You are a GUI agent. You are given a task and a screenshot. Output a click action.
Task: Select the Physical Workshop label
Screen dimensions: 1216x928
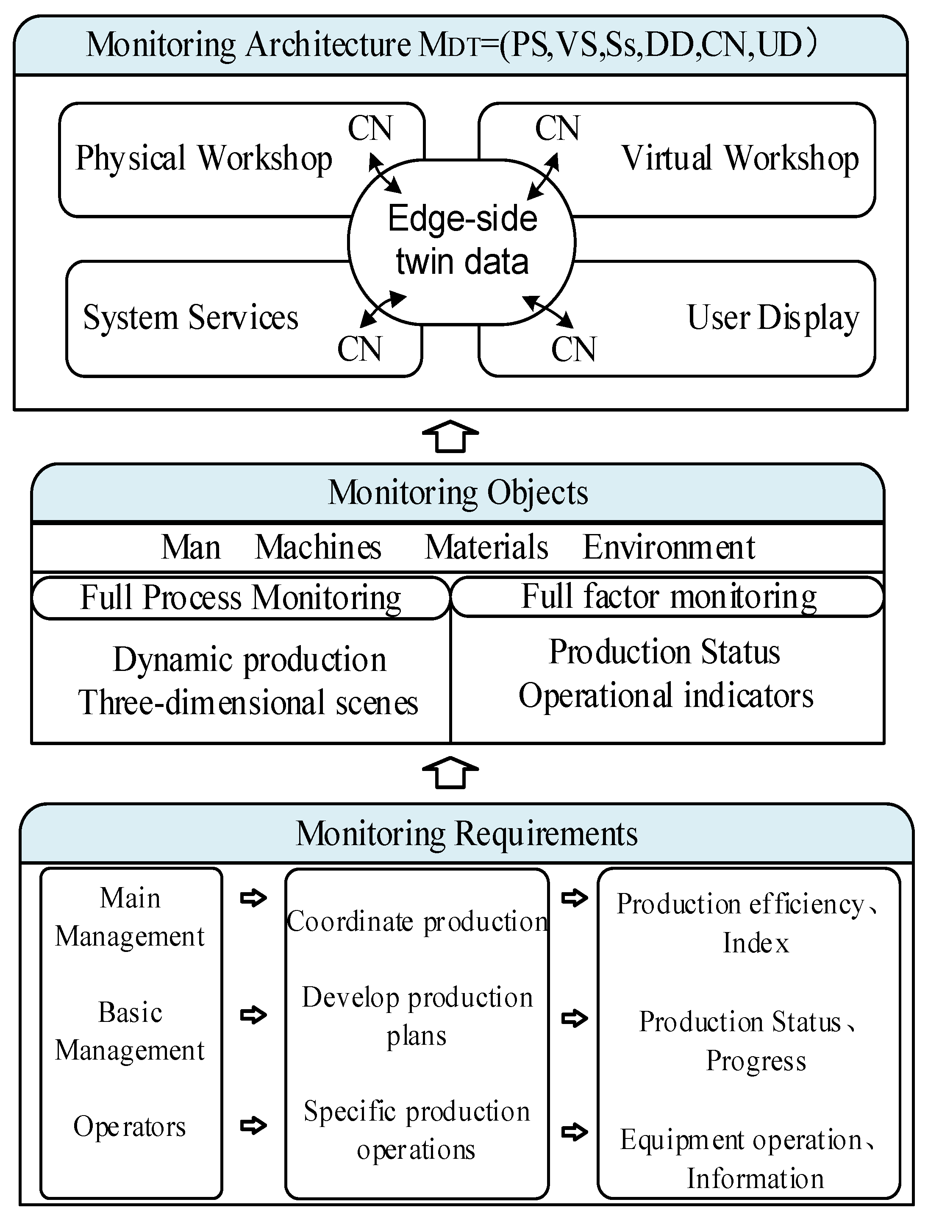pos(203,159)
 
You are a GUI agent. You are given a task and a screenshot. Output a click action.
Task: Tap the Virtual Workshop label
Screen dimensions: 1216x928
pos(739,159)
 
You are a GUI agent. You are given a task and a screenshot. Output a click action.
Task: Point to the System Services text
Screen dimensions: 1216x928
pos(191,318)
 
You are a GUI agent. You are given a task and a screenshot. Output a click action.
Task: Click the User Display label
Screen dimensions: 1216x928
pos(772,318)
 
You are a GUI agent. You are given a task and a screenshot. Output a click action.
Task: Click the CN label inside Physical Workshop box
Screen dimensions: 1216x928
pos(370,129)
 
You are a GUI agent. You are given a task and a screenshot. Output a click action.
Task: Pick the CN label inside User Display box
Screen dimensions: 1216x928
pos(573,349)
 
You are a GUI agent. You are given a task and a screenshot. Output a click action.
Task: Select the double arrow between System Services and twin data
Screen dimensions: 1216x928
pos(383,309)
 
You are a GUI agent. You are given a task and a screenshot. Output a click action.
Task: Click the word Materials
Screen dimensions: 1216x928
pos(486,548)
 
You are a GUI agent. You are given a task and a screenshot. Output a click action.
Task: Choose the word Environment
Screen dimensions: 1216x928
pos(668,548)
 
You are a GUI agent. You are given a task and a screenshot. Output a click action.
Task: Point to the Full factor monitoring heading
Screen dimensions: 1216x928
pos(668,597)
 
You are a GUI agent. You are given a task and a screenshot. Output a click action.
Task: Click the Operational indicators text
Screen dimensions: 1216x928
pos(666,696)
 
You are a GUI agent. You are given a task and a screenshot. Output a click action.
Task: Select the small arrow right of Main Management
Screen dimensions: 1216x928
pos(253,898)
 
